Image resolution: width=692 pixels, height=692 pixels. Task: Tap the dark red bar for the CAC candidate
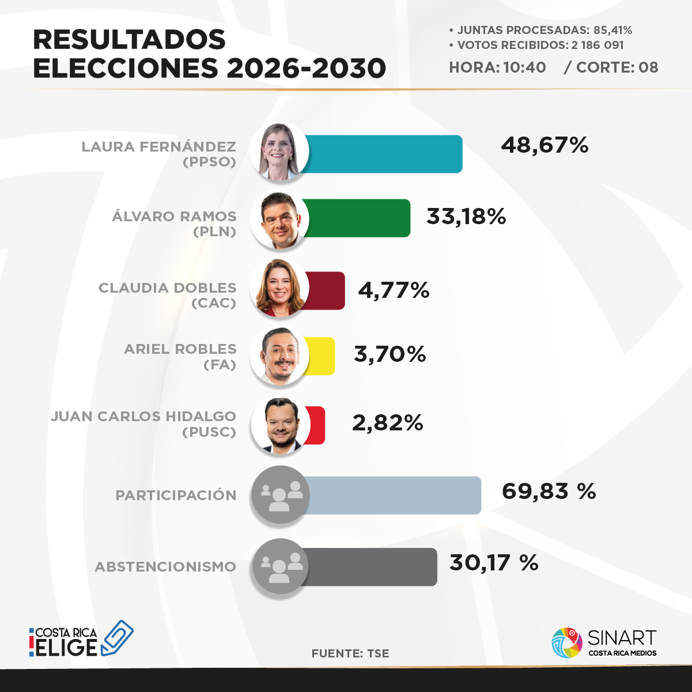pyautogui.click(x=326, y=290)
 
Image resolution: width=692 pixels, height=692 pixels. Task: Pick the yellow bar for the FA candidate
pyautogui.click(x=320, y=356)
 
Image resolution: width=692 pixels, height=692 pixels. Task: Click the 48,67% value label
pyautogui.click(x=544, y=145)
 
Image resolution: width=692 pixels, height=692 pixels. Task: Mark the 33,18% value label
pyautogui.click(x=466, y=217)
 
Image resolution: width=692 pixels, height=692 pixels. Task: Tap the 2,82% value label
pyautogui.click(x=387, y=423)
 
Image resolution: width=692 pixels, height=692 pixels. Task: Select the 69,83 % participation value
pyautogui.click(x=549, y=491)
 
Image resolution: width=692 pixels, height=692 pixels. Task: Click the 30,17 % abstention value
pyautogui.click(x=494, y=563)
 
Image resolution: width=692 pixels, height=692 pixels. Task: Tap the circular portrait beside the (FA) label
pyautogui.click(x=279, y=356)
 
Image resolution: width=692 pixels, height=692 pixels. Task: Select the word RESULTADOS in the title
pyautogui.click(x=129, y=39)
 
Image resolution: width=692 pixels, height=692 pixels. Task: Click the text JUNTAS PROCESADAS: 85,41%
pyautogui.click(x=540, y=30)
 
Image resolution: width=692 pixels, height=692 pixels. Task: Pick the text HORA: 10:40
pyautogui.click(x=497, y=67)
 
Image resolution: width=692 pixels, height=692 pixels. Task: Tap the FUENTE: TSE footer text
pyautogui.click(x=350, y=653)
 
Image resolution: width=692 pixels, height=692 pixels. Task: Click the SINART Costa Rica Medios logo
pyautogui.click(x=604, y=642)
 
